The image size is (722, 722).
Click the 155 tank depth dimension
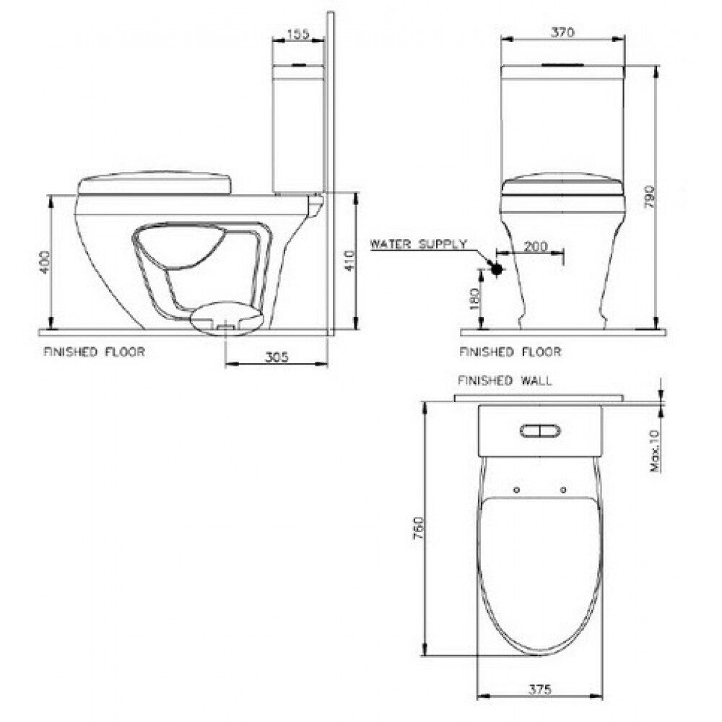coord(298,35)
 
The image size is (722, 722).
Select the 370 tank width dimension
coord(562,32)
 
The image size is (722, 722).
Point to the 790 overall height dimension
coord(649,197)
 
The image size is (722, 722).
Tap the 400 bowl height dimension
coord(44,263)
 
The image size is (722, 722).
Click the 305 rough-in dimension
coord(277,357)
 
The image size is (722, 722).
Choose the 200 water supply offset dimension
coord(536,246)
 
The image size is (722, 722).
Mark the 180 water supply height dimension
coord(475,298)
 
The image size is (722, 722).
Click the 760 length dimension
coord(417,529)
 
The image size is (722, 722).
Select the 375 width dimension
coord(539,690)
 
